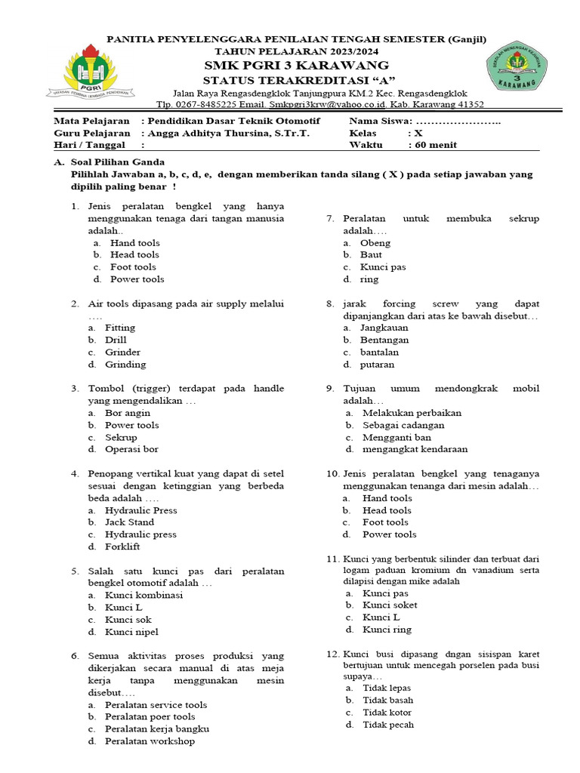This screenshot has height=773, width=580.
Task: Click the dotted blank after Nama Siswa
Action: pyautogui.click(x=458, y=122)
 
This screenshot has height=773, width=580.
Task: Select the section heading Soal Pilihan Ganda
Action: pyautogui.click(x=117, y=162)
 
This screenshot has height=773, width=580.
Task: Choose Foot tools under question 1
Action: pyautogui.click(x=133, y=267)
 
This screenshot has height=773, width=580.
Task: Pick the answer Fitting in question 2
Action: pyautogui.click(x=120, y=328)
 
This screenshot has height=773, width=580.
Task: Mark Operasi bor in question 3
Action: pyautogui.click(x=131, y=449)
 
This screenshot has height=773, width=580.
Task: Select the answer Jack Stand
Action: pyautogui.click(x=129, y=522)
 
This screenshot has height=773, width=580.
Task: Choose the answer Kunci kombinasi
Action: pyautogui.click(x=143, y=595)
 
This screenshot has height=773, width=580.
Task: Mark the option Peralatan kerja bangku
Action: pyautogui.click(x=157, y=729)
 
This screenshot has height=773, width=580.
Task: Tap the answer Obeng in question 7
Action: pyautogui.click(x=375, y=243)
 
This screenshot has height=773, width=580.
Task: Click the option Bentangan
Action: pyautogui.click(x=384, y=340)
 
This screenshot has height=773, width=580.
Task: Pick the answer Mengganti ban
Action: pyautogui.click(x=396, y=437)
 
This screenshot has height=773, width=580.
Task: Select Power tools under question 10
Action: pyautogui.click(x=389, y=534)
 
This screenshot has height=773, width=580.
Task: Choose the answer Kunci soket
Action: pyautogui.click(x=390, y=605)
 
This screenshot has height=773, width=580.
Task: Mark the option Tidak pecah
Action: pyautogui.click(x=388, y=725)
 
